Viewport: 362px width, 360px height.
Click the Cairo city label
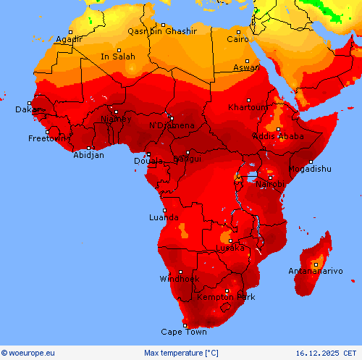pyautogui.click(x=238, y=39)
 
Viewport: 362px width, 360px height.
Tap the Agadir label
pyautogui.click(x=69, y=39)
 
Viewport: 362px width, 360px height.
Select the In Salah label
pyautogui.click(x=117, y=56)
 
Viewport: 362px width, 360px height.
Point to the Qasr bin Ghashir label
pyautogui.click(x=162, y=31)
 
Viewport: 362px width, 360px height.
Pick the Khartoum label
pyautogui.click(x=248, y=107)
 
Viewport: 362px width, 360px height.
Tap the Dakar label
pyautogui.click(x=28, y=110)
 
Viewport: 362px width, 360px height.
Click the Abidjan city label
pyautogui.click(x=88, y=155)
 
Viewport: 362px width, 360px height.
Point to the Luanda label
pyautogui.click(x=164, y=217)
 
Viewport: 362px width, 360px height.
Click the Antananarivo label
pyautogui.click(x=315, y=272)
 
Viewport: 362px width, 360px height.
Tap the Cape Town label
pyautogui.click(x=183, y=332)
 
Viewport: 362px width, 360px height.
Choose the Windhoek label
pyautogui.click(x=179, y=279)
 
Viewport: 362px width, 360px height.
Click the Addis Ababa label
pyautogui.click(x=278, y=136)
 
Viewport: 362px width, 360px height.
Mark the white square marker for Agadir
pyautogui.click(x=70, y=33)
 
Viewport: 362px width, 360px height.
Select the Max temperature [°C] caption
pyautogui.click(x=181, y=353)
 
